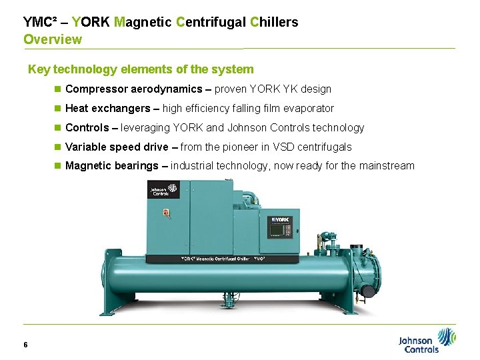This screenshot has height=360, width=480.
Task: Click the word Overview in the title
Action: [53, 39]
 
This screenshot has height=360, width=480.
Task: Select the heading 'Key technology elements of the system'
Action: [141, 69]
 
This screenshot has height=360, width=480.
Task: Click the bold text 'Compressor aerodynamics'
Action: [133, 89]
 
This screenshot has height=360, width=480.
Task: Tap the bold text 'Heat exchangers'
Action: [107, 108]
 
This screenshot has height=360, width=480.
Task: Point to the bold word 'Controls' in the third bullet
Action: [87, 127]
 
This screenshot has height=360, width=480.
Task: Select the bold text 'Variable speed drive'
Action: [117, 147]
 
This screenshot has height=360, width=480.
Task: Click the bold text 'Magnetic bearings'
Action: [111, 166]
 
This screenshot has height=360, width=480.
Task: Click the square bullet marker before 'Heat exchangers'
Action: [58, 108]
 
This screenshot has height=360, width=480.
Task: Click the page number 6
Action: [25, 345]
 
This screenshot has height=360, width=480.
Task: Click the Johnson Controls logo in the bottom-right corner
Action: [427, 341]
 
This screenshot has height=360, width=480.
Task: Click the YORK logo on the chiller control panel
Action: [279, 221]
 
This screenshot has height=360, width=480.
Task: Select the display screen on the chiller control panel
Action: [275, 231]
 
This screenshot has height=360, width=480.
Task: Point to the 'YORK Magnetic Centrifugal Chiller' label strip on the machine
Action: [223, 258]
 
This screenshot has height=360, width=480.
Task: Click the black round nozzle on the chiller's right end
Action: [366, 291]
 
